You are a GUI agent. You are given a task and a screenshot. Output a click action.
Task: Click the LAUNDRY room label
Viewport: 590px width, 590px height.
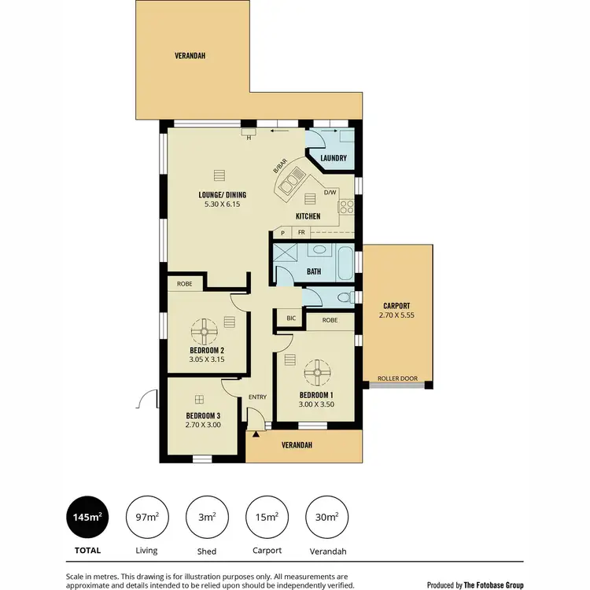pyautogui.click(x=334, y=158)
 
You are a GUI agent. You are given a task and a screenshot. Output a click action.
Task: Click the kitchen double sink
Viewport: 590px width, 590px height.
pyautogui.click(x=286, y=186)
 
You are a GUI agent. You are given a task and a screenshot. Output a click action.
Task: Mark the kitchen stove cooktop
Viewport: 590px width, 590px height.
pyautogui.click(x=346, y=208)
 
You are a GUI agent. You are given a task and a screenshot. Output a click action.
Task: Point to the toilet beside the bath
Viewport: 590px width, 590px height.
pyautogui.click(x=340, y=297)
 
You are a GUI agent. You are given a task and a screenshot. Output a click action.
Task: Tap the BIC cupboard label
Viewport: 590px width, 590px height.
pyautogui.click(x=290, y=319)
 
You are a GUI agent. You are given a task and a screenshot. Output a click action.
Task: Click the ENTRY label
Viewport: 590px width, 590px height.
pyautogui.click(x=257, y=397)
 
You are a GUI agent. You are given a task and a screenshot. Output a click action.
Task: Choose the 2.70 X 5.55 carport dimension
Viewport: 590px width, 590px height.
pyautogui.click(x=396, y=316)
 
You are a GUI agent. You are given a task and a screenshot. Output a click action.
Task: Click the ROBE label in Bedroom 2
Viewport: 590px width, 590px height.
pyautogui.click(x=184, y=283)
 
